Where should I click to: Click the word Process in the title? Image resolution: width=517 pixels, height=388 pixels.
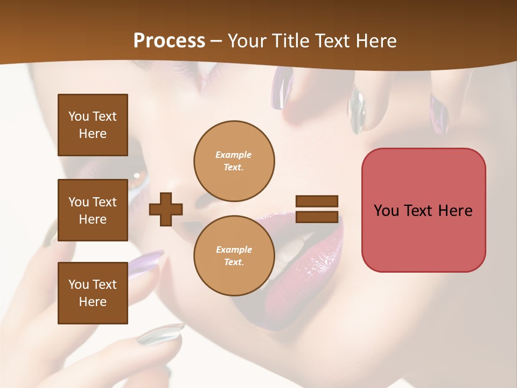(x=169, y=41)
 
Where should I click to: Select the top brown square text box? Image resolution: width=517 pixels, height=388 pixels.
(x=93, y=125)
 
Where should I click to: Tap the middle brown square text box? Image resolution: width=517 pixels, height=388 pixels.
(x=93, y=210)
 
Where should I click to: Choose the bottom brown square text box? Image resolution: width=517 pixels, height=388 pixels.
(x=93, y=293)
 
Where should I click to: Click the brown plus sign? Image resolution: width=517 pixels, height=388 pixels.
(x=166, y=209)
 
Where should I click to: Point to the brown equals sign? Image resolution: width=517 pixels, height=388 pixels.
(x=317, y=209)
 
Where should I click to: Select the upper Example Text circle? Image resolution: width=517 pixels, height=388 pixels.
(x=234, y=161)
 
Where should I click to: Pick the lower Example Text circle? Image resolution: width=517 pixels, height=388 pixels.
(x=234, y=255)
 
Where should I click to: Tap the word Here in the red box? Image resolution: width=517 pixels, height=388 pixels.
(x=455, y=211)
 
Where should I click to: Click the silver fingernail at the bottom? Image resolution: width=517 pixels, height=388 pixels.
(x=160, y=334)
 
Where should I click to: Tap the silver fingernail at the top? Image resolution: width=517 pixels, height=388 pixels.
(x=357, y=110)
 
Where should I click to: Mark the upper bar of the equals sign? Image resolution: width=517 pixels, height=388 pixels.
(x=317, y=202)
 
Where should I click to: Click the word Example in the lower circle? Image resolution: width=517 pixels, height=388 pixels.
(x=234, y=250)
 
